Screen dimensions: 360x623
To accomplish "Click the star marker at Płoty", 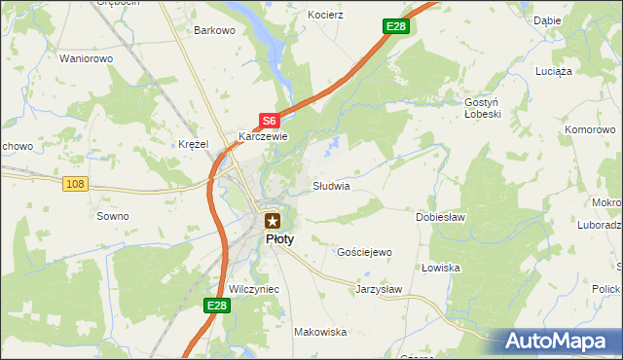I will pos(273,221).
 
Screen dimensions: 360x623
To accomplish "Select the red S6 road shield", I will pos(270,121).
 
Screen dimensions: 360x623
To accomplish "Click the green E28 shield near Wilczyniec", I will pos(217,306).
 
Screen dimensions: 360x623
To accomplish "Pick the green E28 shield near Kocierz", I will pos(394,26).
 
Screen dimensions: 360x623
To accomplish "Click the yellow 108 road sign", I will pos(75,183).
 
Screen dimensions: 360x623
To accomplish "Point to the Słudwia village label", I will pos(331,185).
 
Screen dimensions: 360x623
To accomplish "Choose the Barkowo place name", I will pos(215,30).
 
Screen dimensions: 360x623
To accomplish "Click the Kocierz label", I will pos(326,16).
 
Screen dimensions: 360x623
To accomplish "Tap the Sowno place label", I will pos(112,216).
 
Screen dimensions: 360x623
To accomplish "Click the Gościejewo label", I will pos(364,252).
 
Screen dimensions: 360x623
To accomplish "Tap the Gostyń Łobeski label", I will pos(482,108).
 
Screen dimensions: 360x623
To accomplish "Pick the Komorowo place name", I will pos(591,128).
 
